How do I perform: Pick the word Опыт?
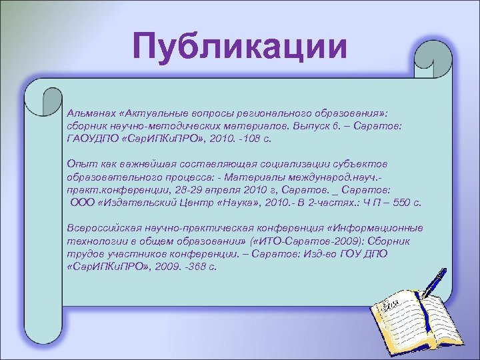pyautogui.click(x=79, y=164)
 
